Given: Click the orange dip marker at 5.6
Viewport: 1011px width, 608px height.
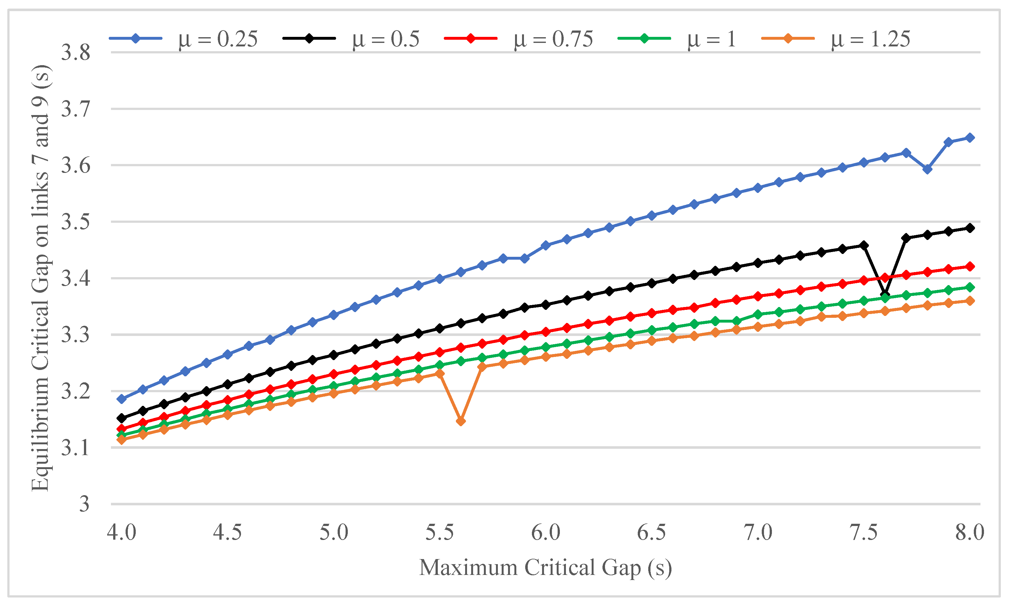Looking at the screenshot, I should [x=461, y=421].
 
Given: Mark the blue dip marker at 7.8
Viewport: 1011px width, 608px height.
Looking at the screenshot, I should [x=927, y=169].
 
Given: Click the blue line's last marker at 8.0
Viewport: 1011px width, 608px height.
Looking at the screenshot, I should [x=970, y=138].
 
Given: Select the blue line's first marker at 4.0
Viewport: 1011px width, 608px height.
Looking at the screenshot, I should [x=121, y=399].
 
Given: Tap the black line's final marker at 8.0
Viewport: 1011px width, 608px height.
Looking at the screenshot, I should [x=970, y=228].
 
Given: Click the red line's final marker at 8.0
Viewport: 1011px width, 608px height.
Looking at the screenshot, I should [x=970, y=266].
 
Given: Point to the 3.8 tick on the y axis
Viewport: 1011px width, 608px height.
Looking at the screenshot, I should [x=75, y=53].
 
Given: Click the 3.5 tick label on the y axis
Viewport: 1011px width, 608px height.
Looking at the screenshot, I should [x=75, y=222].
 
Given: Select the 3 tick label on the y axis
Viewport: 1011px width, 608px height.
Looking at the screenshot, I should [x=84, y=504].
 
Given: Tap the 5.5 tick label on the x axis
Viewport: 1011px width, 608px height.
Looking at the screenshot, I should [x=440, y=533].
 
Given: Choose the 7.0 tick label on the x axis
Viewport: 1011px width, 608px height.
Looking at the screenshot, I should [x=758, y=533].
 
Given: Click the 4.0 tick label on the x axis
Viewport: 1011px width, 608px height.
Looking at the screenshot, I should [x=121, y=533].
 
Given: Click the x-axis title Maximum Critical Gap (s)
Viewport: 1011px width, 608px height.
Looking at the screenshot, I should [x=546, y=568].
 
